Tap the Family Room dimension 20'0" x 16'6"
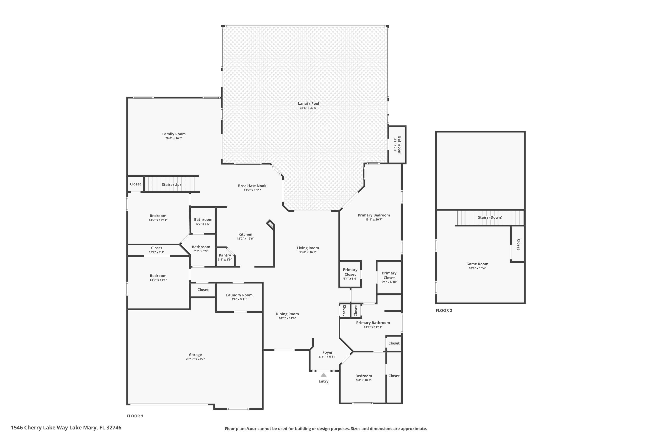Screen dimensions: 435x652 (x=174, y=138)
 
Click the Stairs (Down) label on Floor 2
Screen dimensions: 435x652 (x=490, y=217)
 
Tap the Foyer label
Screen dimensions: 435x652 (x=327, y=352)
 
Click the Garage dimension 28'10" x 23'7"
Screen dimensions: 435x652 (x=195, y=359)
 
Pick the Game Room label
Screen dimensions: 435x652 (x=477, y=264)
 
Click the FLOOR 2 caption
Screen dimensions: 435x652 (x=444, y=310)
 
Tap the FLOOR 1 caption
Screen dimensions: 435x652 (x=135, y=416)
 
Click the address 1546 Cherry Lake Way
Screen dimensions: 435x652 (x=66, y=428)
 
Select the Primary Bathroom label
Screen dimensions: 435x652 (x=373, y=323)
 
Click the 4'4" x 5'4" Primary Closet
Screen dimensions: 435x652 (x=350, y=274)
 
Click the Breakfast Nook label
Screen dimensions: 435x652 (x=252, y=186)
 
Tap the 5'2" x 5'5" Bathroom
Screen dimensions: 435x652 (x=203, y=221)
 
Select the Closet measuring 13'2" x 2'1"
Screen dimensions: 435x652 (x=157, y=250)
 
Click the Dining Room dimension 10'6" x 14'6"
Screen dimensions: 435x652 (x=287, y=318)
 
